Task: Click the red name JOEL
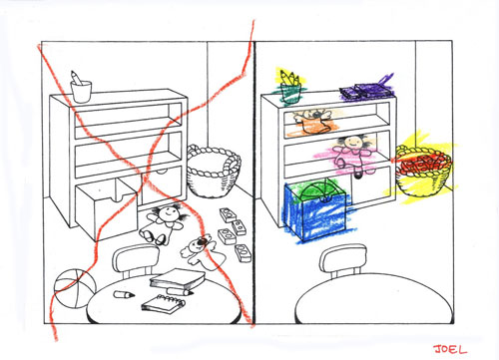(x=450, y=349)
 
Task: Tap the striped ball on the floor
(x=74, y=288)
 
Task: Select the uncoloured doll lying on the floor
(x=162, y=224)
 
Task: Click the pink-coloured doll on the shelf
(x=354, y=155)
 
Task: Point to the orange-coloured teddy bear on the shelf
(x=312, y=121)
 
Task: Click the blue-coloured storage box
(x=314, y=210)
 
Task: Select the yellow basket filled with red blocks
(x=423, y=171)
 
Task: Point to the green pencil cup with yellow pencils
(x=290, y=87)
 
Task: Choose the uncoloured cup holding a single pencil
(x=81, y=87)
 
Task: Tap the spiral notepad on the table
(x=164, y=303)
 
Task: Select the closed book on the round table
(x=177, y=279)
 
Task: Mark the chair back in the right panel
(x=343, y=258)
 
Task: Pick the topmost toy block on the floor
(x=229, y=215)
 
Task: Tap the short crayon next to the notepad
(x=124, y=294)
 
